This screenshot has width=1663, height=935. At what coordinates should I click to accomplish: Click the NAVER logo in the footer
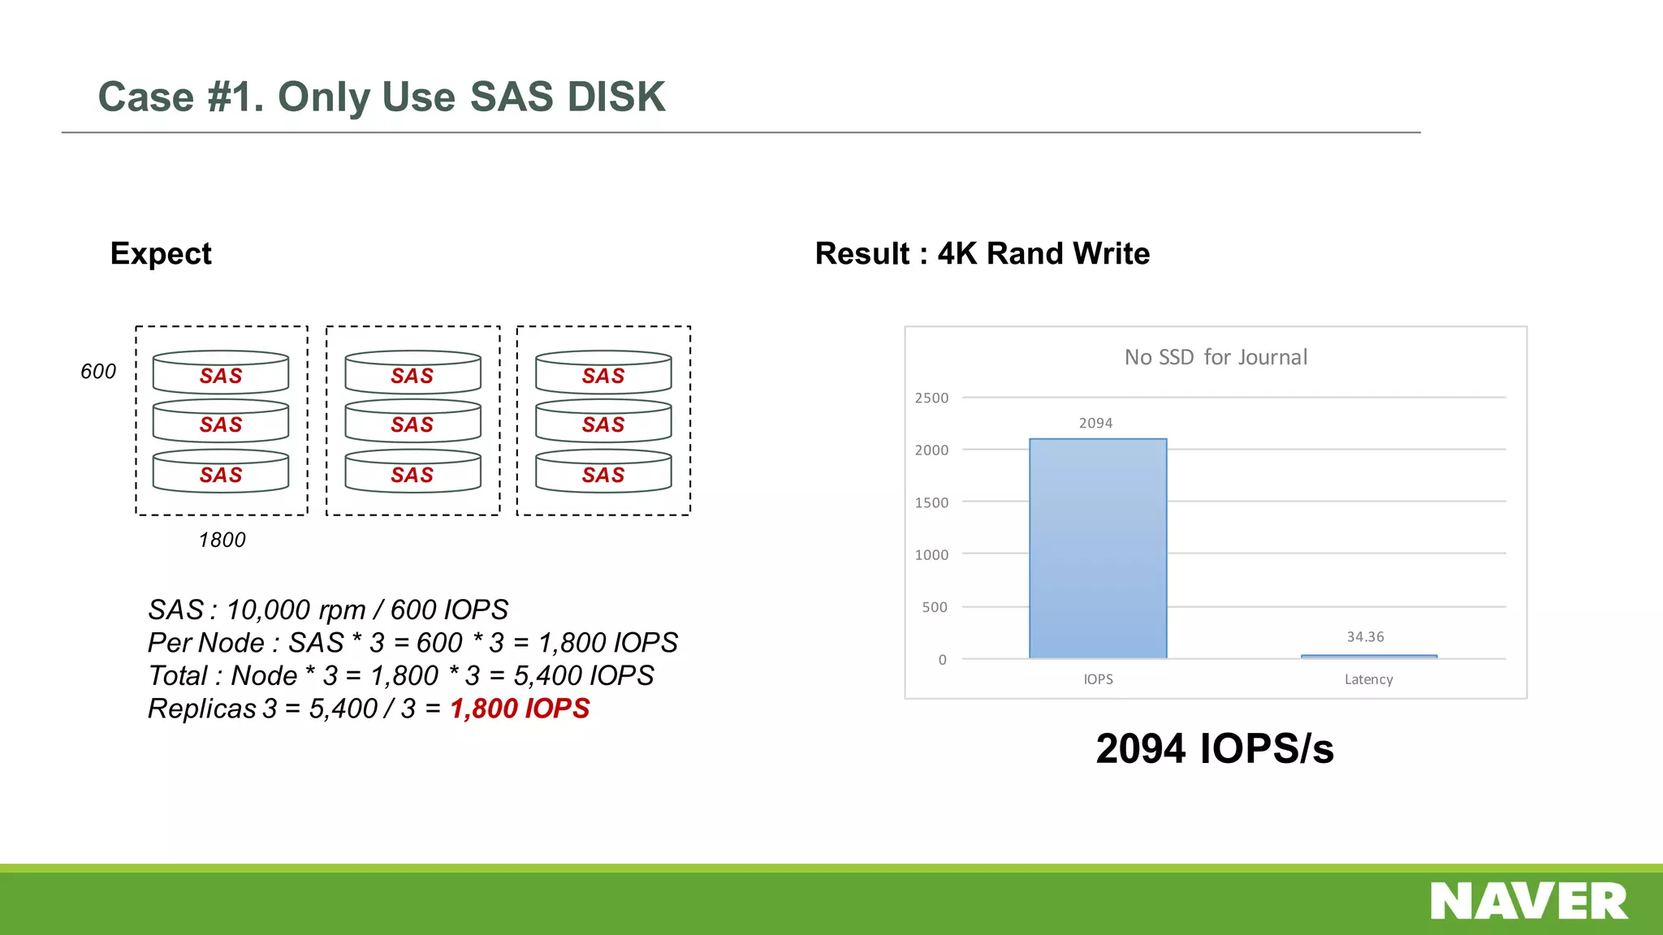tap(1529, 901)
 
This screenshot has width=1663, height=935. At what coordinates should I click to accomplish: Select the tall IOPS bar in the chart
tap(1098, 549)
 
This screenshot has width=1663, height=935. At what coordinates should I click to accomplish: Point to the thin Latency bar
tap(1368, 656)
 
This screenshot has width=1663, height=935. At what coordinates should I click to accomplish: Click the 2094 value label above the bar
tap(1095, 423)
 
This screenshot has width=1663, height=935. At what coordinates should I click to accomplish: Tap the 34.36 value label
tap(1365, 637)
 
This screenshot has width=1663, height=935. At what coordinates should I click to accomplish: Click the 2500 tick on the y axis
tap(931, 398)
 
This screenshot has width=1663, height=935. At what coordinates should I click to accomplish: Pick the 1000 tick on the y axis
tap(931, 554)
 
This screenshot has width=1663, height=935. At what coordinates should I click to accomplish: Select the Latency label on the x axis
tap(1368, 679)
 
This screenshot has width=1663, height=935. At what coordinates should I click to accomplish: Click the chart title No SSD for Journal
tap(1216, 357)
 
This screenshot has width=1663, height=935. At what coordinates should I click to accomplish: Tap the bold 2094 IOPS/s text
tap(1214, 748)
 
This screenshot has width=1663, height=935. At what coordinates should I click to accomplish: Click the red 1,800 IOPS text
tap(520, 709)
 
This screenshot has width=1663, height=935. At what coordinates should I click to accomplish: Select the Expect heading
tap(161, 253)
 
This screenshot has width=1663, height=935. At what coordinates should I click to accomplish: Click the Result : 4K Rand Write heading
tap(983, 253)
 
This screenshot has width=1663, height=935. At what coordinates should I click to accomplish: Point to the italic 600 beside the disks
tap(98, 372)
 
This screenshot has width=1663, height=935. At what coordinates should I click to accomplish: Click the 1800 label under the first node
tap(222, 540)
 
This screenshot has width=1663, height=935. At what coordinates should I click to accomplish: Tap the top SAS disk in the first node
tap(221, 373)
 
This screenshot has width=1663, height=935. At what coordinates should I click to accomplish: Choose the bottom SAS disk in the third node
tap(603, 472)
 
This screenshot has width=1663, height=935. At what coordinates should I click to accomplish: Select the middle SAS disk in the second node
tap(413, 422)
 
